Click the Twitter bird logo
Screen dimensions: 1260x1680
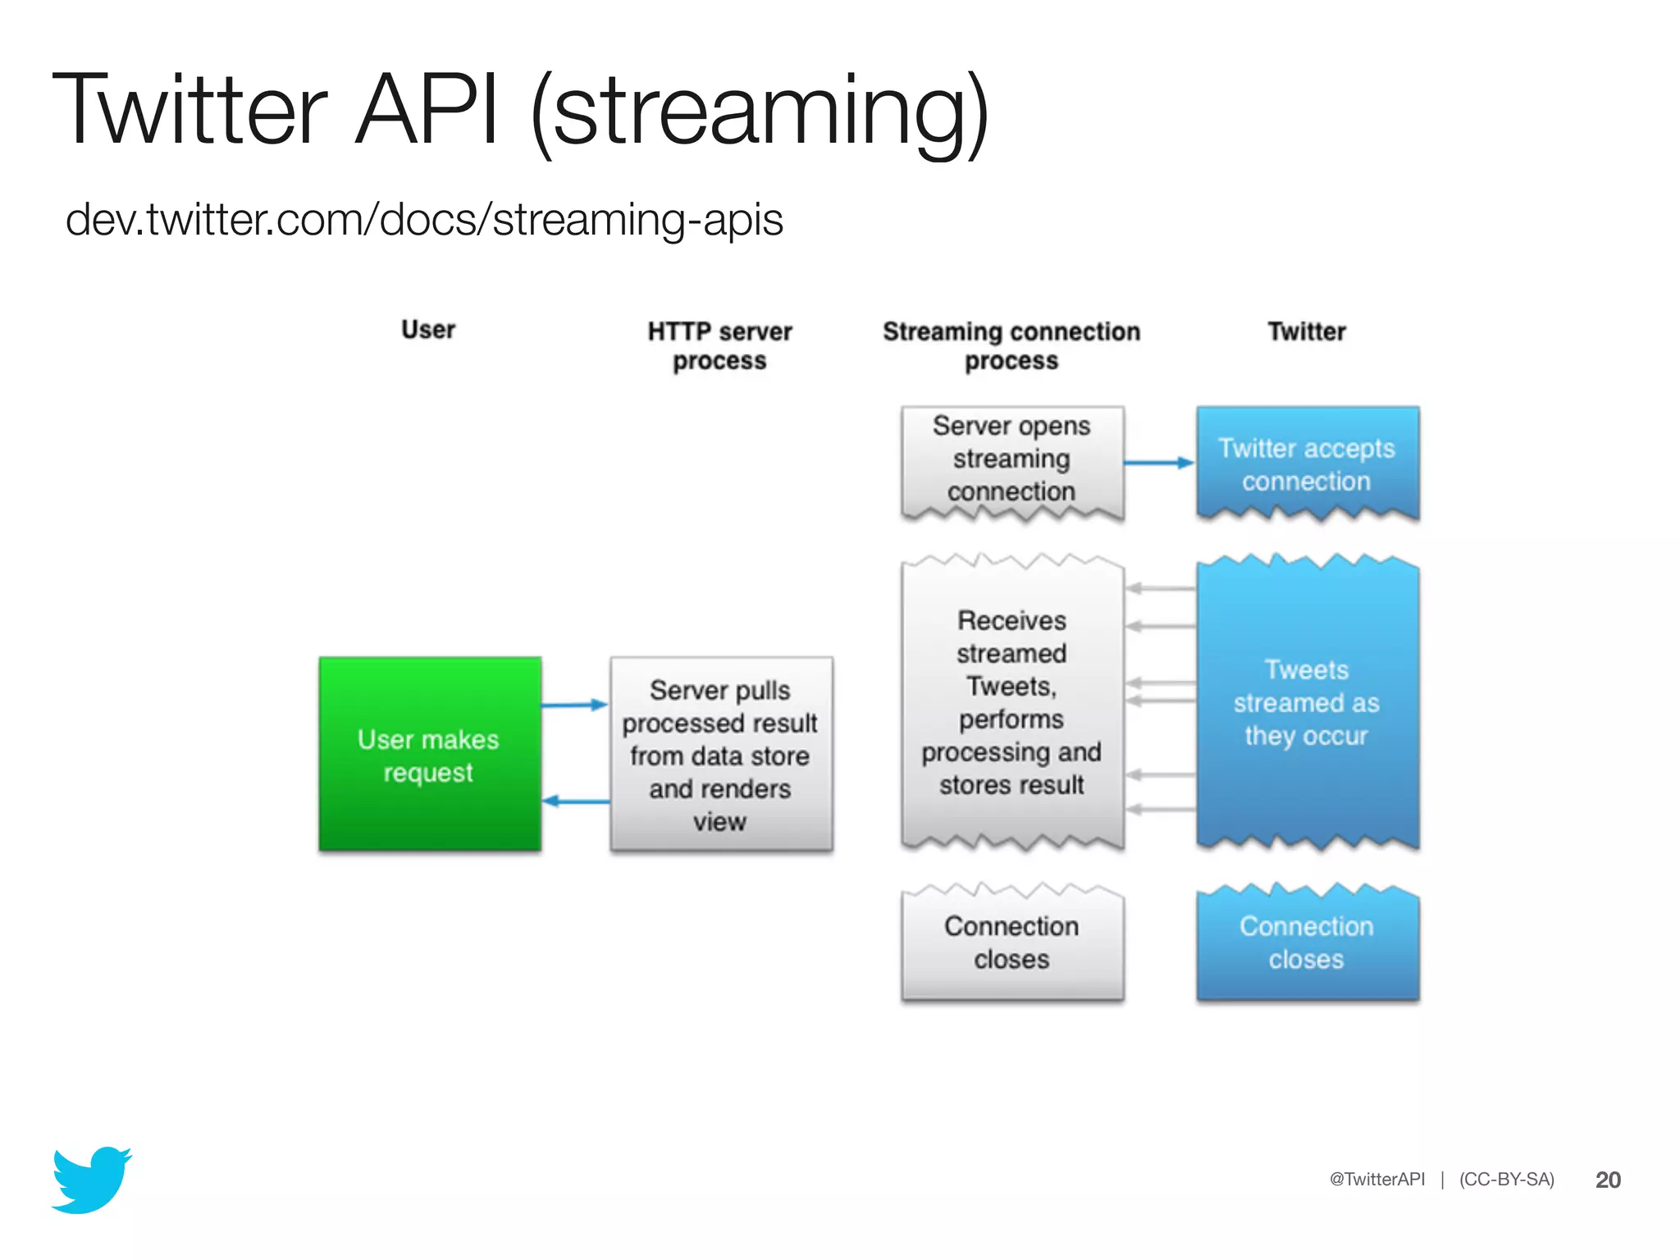pyautogui.click(x=92, y=1181)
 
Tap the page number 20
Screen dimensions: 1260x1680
pyautogui.click(x=1608, y=1180)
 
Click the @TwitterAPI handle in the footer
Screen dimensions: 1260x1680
pyautogui.click(x=1377, y=1180)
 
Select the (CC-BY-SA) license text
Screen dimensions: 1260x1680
pyautogui.click(x=1506, y=1180)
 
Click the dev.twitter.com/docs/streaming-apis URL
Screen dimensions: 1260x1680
pyautogui.click(x=424, y=220)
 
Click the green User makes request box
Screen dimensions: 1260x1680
pyautogui.click(x=429, y=755)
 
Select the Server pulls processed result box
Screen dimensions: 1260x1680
pyautogui.click(x=720, y=755)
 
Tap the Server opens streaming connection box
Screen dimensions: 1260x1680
pyautogui.click(x=1011, y=459)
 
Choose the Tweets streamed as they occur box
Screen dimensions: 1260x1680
pyautogui.click(x=1307, y=702)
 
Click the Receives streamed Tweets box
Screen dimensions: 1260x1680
pyautogui.click(x=1011, y=702)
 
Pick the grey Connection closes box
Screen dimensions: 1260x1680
pyautogui.click(x=1011, y=943)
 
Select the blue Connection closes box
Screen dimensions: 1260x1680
pyautogui.click(x=1307, y=943)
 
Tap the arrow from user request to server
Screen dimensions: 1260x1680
pyautogui.click(x=574, y=705)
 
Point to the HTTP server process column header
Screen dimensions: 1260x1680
pyautogui.click(x=719, y=345)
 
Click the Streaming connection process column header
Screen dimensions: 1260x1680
pyautogui.click(x=1011, y=345)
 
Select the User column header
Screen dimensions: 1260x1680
pyautogui.click(x=428, y=330)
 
